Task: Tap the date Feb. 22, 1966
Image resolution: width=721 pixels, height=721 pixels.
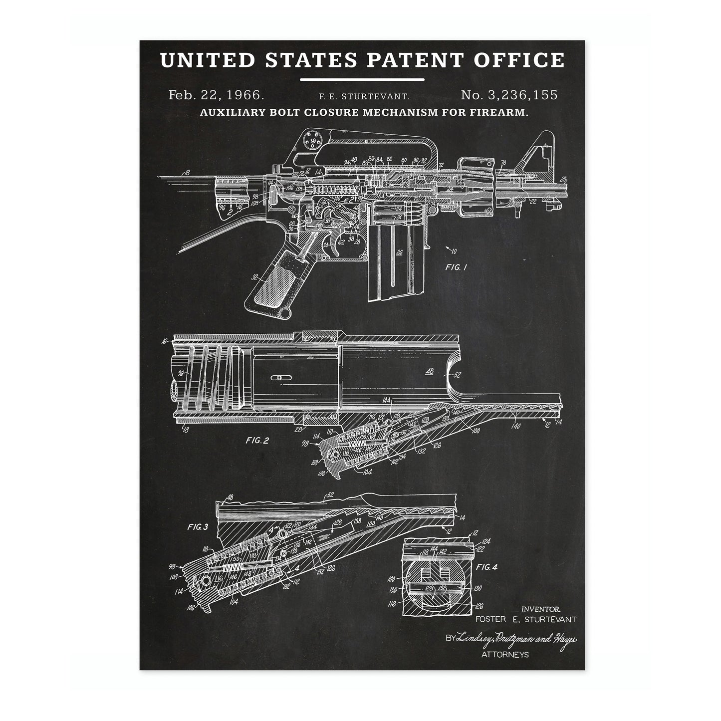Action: click(209, 95)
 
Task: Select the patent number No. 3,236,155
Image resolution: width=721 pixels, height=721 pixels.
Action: click(509, 95)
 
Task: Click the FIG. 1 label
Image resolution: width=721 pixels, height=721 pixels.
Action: click(456, 267)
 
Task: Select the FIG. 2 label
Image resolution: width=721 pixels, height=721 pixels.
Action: click(257, 441)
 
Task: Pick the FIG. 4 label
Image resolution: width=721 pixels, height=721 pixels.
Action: click(486, 567)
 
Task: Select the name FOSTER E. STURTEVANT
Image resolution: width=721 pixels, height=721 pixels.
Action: click(526, 619)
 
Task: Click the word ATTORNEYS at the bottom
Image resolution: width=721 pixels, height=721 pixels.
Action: click(505, 654)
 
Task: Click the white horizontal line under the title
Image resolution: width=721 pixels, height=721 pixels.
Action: click(362, 79)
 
